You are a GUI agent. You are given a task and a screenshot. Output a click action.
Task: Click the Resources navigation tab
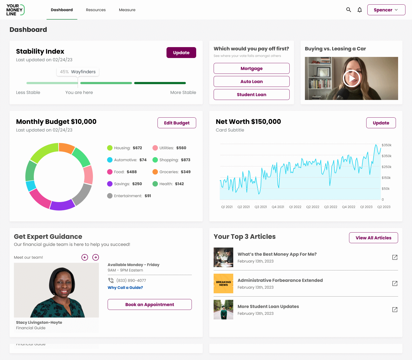(96, 10)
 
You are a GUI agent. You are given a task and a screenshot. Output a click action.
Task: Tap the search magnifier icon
(349, 10)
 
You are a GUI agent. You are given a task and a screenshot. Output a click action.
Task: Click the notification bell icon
(360, 10)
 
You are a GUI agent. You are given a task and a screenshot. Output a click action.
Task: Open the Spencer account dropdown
(386, 10)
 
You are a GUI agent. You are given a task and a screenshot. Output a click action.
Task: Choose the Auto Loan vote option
(252, 81)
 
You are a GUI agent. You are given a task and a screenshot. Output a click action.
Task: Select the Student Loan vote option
(252, 94)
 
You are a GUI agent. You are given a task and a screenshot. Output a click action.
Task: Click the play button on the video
(352, 78)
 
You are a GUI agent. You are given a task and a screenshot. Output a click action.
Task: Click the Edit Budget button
(177, 123)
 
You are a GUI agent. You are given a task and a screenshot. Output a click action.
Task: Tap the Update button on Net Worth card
(381, 123)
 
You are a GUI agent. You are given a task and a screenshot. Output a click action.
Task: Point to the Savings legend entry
(125, 184)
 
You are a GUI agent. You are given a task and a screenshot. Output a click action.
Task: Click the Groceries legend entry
(171, 172)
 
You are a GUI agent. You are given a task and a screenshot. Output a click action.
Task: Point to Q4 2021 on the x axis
(278, 207)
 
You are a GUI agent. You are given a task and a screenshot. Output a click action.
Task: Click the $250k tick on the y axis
(386, 167)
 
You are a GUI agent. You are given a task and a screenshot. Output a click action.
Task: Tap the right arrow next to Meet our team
(96, 257)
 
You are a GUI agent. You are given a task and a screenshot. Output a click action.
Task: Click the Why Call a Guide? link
(125, 288)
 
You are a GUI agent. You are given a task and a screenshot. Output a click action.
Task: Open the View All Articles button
(373, 238)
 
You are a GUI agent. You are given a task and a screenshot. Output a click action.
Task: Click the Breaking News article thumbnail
(223, 283)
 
